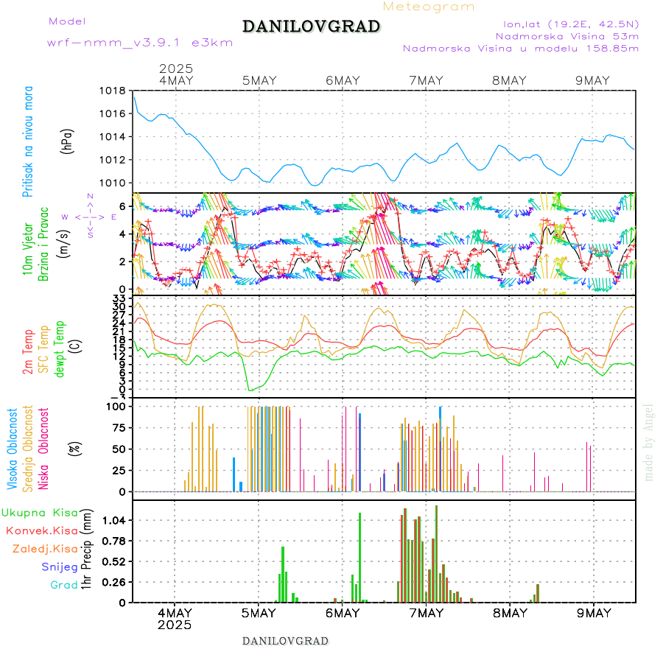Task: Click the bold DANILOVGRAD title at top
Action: [312, 27]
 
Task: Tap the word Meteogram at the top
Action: [429, 7]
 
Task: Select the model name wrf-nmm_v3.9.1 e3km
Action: [140, 43]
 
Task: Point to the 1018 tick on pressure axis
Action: [114, 91]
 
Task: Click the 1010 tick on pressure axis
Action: [114, 183]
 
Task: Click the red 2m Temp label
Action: [28, 352]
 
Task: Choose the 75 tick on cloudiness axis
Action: [117, 427]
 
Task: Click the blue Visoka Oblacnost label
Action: [13, 450]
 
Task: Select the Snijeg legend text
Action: [60, 566]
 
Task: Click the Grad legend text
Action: [63, 585]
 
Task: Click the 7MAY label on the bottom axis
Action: [426, 613]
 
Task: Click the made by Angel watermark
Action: [649, 442]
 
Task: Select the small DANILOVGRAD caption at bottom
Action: [285, 641]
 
